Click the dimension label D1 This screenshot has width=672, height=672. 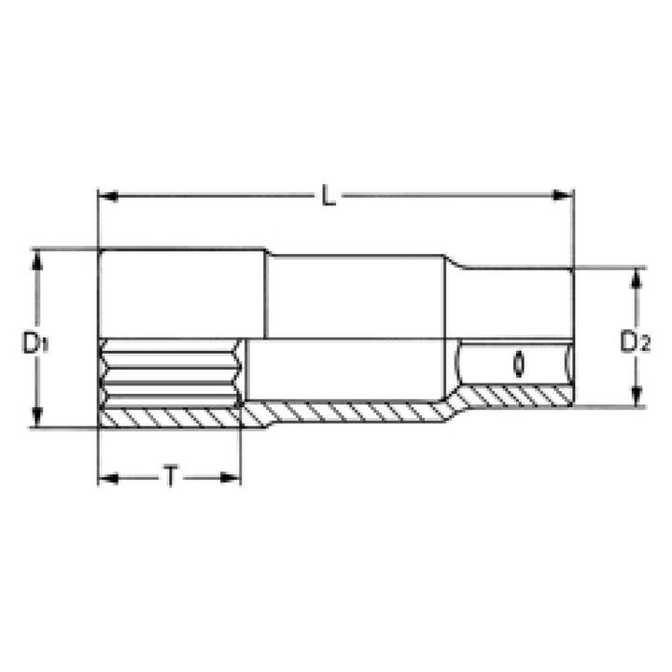[x=35, y=342]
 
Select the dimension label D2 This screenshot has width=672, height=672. [x=635, y=342]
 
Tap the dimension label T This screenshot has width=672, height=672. [x=171, y=478]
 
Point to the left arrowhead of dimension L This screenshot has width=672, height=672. [x=105, y=196]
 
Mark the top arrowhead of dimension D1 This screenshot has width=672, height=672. [x=38, y=257]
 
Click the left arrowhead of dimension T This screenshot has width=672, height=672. [x=105, y=478]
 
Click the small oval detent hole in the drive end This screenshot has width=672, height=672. [x=516, y=362]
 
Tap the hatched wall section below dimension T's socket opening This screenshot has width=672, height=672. [x=168, y=416]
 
